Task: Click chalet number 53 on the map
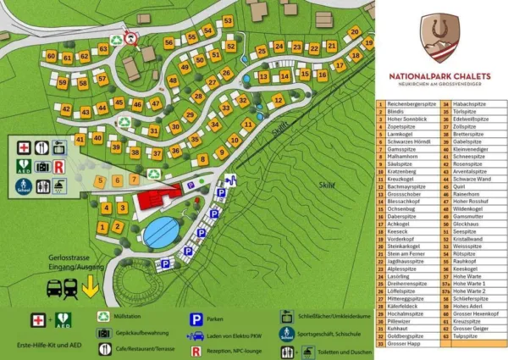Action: point(229,21)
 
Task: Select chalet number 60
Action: point(52,57)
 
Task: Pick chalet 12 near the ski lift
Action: point(278,100)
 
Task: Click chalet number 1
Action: point(102,226)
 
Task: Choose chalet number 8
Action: point(202,159)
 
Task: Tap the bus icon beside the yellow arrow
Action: point(54,288)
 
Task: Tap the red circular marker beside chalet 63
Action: point(130,37)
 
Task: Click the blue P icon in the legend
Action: point(196,319)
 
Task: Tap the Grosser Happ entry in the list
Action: point(405,343)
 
